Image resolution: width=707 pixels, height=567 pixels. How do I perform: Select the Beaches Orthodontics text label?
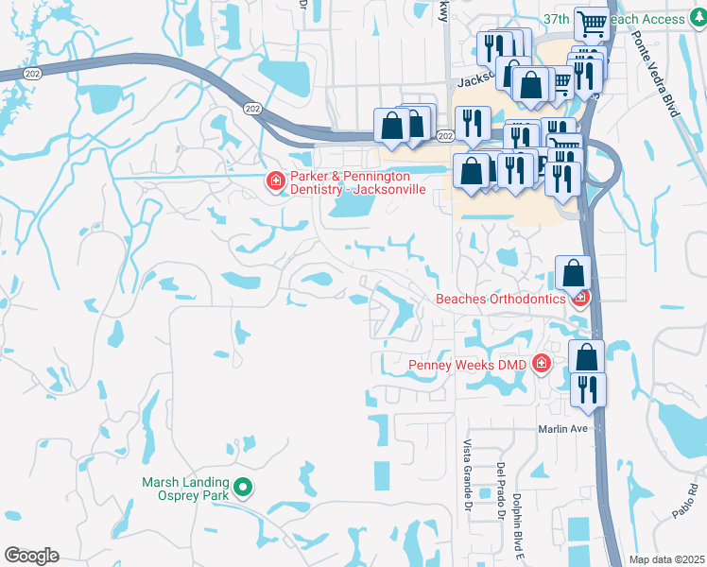499,300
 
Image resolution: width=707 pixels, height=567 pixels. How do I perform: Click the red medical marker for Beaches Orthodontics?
580,298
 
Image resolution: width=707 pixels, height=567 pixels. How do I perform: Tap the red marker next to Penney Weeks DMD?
541,363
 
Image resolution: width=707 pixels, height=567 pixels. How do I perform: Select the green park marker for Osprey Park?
243,488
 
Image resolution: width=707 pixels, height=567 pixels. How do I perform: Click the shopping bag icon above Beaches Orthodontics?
573,274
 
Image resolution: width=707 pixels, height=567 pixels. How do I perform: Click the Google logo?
30,556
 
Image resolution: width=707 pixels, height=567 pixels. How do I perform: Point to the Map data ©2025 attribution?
666,559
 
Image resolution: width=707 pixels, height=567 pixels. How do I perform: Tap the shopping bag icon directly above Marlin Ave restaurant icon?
587,358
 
